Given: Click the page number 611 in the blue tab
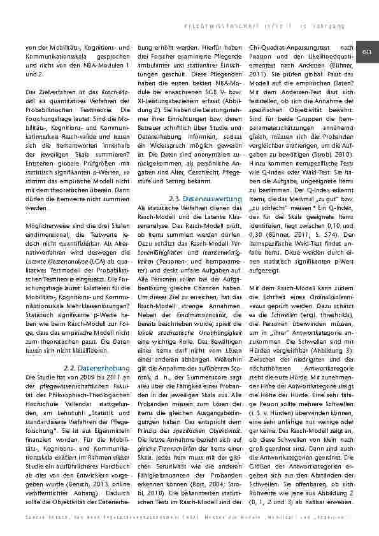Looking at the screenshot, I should (x=368, y=52).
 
